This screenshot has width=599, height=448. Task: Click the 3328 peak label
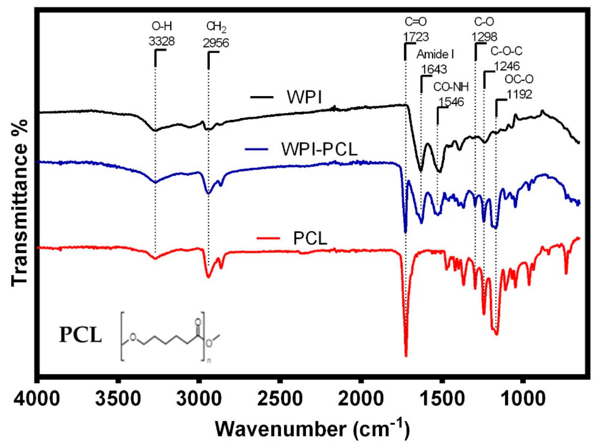point(162,41)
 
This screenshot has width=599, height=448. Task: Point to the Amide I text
point(435,54)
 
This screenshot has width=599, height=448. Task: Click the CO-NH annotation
point(451,87)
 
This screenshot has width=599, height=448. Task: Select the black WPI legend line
point(262,97)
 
